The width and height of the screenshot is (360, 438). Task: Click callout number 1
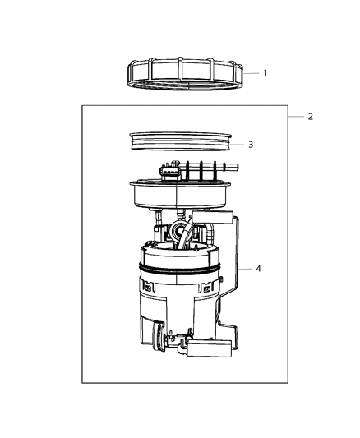click(265, 73)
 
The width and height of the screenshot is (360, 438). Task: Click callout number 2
click(310, 117)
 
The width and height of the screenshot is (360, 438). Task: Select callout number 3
click(251, 144)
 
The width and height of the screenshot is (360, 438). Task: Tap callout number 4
click(260, 268)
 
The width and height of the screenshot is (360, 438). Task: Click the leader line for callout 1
click(251, 73)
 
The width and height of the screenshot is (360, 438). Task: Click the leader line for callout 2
click(295, 117)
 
